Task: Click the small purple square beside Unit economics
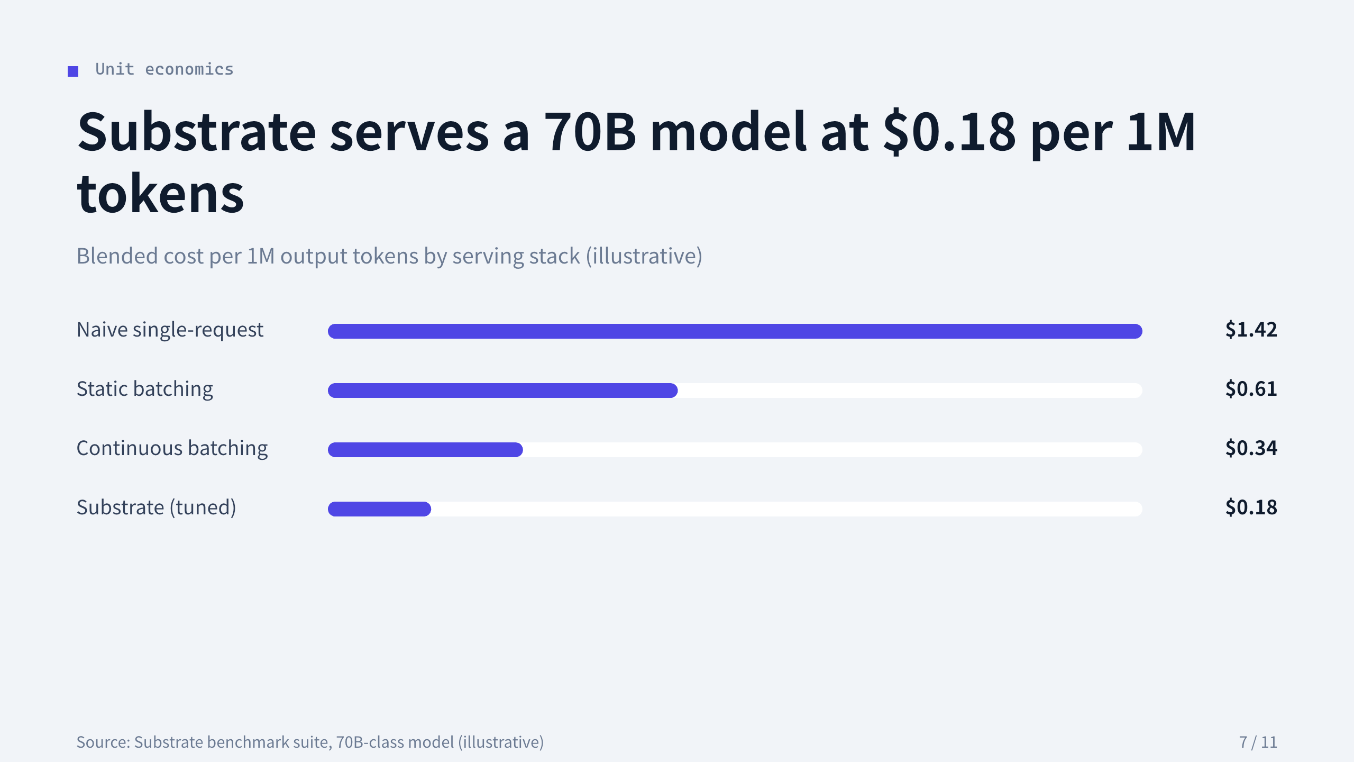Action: click(73, 71)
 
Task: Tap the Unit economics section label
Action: click(164, 69)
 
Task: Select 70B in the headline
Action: click(590, 132)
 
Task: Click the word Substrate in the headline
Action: click(196, 132)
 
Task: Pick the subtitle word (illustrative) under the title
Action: click(644, 256)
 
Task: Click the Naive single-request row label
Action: click(170, 330)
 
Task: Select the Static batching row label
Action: click(145, 389)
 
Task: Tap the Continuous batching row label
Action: click(172, 448)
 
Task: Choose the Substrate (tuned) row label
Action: click(157, 507)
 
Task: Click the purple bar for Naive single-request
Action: click(735, 331)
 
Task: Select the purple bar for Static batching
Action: click(503, 391)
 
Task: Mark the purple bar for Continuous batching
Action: click(425, 450)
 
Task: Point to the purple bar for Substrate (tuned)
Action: click(380, 509)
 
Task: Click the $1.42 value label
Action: click(1251, 330)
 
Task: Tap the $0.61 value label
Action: click(1251, 389)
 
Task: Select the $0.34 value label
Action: click(1251, 448)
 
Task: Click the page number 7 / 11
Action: click(1258, 742)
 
